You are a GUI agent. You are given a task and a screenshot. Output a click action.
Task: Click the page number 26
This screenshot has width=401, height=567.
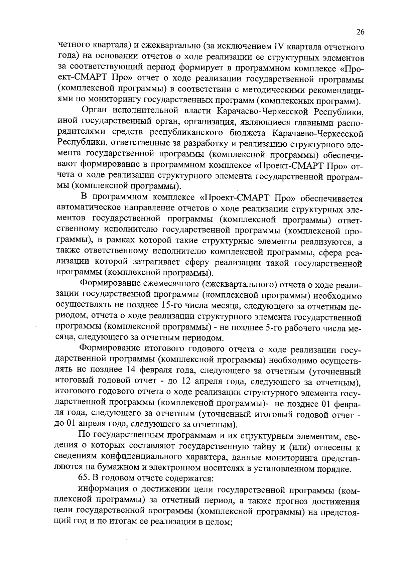coord(360,32)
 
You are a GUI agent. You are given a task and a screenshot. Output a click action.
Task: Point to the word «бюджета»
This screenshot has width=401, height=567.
coord(245,133)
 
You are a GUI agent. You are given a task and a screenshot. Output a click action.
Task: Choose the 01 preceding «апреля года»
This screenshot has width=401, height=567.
coord(71,424)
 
